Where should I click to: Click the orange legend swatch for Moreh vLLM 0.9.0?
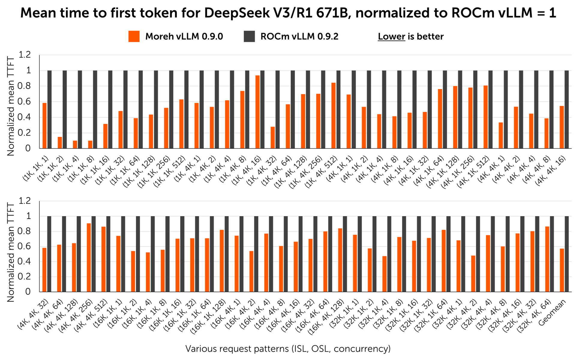pos(134,36)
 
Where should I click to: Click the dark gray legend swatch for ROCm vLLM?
pos(249,36)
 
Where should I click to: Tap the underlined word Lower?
pos(391,37)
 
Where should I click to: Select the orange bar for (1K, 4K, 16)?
pos(257,112)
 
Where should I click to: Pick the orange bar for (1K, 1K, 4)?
pos(75,144)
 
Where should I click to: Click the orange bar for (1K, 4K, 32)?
pos(273,137)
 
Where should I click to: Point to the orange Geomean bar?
pos(562,270)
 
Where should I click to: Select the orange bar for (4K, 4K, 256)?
pos(89,257)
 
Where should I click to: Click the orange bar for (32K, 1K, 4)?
pos(385,274)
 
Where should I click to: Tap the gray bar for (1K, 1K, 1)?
pos(49,109)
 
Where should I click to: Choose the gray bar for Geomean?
pos(567,254)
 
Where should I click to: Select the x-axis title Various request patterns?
pos(288,349)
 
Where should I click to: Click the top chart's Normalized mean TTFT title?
pos(11,106)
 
